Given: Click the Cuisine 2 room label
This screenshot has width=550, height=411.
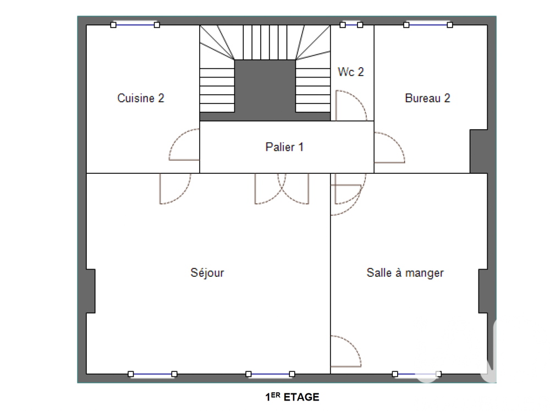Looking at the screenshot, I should coord(141,98).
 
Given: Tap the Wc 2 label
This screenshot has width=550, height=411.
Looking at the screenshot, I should coord(351,72).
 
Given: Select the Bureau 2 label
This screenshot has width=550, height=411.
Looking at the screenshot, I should coord(427,98).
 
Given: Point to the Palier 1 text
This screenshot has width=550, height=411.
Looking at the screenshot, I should coord(284,147).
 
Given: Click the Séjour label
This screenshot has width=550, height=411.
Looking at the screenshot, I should coord(207,272).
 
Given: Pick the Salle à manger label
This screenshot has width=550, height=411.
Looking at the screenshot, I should coord(405,272).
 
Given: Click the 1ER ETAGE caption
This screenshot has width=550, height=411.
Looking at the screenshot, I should coord(292,397).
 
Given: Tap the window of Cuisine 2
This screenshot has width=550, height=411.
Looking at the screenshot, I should coord(135,25).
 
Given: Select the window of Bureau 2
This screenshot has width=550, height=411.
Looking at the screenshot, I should coord(428,25).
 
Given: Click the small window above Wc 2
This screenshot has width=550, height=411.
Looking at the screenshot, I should coord(351,25).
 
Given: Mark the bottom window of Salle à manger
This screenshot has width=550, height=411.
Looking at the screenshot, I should coord(417,374).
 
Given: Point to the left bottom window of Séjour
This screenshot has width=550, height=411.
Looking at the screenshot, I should coord(152,374).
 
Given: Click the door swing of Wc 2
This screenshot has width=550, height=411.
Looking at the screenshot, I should coord(349,106).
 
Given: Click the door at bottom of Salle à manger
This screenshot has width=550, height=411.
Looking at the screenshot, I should coord(345,352).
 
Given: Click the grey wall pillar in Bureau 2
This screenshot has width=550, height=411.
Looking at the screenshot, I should coord(478,151).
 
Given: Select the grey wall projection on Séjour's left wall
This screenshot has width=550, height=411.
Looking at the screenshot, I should coord(91,291).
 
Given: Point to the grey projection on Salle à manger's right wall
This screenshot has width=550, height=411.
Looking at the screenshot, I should coord(482,291).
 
